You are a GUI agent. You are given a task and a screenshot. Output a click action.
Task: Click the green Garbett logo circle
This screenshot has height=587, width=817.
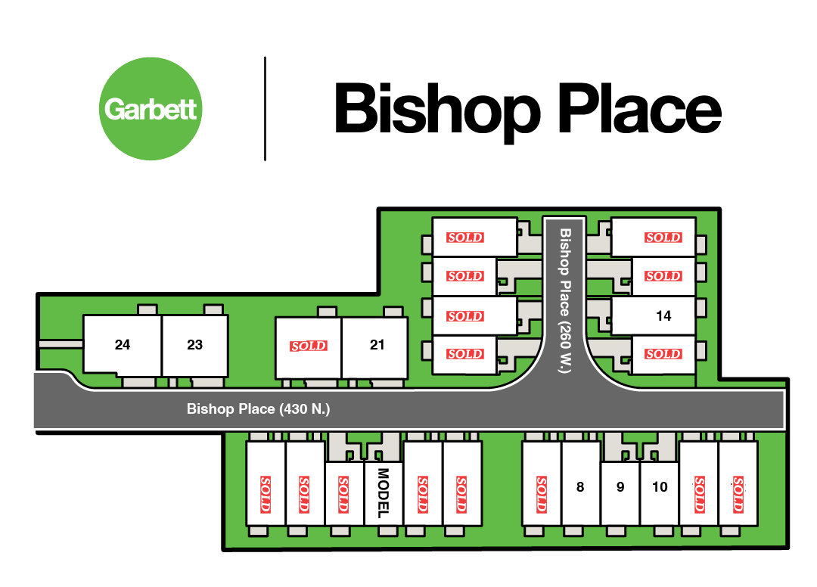(x=151, y=108)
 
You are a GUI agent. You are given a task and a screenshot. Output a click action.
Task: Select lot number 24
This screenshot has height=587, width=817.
(x=123, y=345)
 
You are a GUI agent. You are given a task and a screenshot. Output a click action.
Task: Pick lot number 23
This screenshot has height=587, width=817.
(x=194, y=345)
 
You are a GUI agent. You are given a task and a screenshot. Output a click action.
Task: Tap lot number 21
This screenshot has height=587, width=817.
(x=377, y=345)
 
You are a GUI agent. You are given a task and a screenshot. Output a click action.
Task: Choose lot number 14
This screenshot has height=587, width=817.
(x=663, y=316)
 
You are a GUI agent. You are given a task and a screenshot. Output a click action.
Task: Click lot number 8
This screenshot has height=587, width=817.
(x=580, y=487)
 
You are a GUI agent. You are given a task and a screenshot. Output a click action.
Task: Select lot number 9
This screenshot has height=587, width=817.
(x=620, y=487)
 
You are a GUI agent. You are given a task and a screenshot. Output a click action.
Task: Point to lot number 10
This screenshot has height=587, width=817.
(x=660, y=487)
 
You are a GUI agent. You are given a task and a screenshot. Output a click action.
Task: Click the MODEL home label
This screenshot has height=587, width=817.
(x=383, y=493)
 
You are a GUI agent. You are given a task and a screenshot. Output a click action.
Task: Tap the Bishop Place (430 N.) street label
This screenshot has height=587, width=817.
(x=259, y=409)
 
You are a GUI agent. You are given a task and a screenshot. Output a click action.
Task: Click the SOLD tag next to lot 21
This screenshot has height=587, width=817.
(x=309, y=346)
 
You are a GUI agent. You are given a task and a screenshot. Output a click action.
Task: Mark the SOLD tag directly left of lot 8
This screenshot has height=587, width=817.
(x=542, y=493)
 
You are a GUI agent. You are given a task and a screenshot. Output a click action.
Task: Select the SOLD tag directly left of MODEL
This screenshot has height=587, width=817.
(x=343, y=493)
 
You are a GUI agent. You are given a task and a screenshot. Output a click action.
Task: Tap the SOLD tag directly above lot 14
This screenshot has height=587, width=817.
(x=663, y=276)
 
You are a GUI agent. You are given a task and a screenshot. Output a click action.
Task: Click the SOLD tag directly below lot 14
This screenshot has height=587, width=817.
(x=663, y=354)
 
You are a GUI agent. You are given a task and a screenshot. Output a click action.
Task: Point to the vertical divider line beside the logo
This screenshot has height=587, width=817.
(x=266, y=108)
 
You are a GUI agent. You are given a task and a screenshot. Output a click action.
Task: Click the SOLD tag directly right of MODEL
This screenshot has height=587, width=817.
(x=423, y=493)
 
